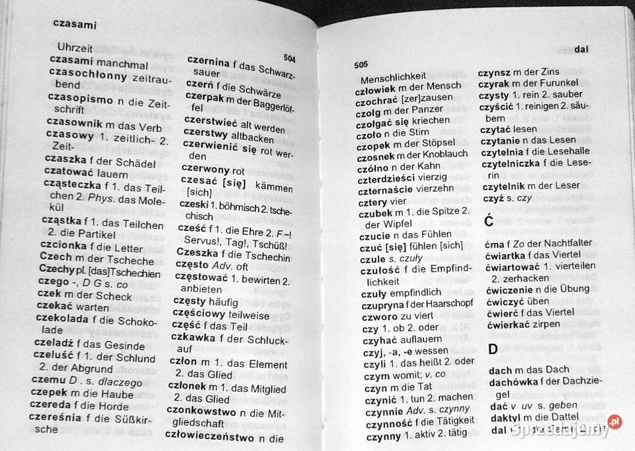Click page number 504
[289, 59]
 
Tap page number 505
[360, 65]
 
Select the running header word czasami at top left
[75, 25]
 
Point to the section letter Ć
[489, 221]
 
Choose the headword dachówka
[513, 383]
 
